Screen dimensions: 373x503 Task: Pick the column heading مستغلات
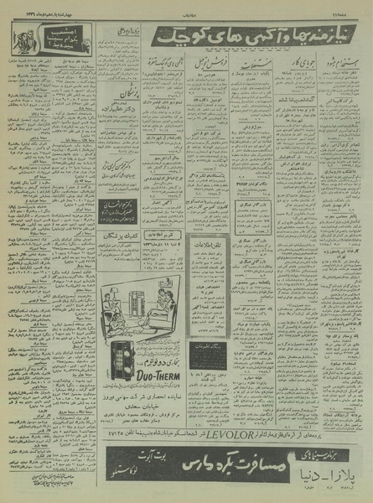(x=249, y=61)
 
